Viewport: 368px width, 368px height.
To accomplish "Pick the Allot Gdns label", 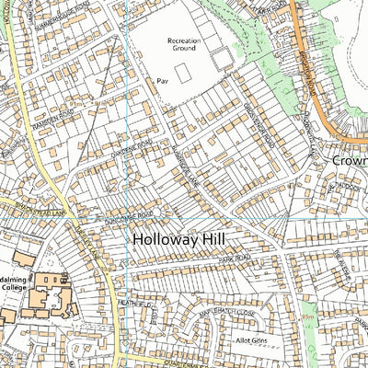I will click(249, 340).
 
